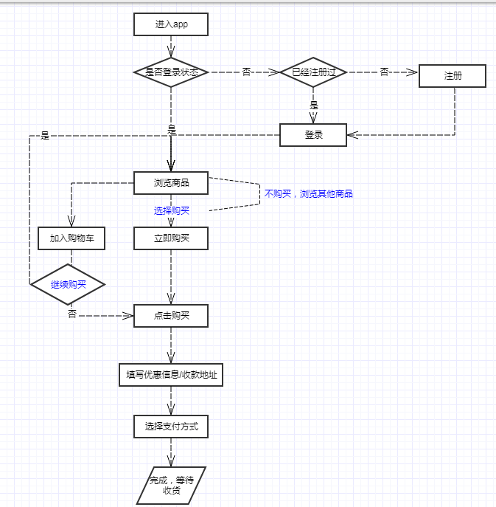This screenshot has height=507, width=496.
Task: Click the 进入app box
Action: [171, 24]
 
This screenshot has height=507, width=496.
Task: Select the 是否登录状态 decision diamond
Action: [171, 72]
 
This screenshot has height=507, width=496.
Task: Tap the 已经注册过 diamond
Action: [313, 72]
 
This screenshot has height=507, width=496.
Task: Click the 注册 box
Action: [453, 76]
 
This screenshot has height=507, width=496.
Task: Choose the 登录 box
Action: [313, 135]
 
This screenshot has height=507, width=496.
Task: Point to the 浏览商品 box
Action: [171, 183]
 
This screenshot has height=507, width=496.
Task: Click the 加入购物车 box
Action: [71, 238]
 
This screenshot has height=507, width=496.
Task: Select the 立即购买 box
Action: [171, 238]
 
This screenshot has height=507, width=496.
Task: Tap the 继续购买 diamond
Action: [68, 285]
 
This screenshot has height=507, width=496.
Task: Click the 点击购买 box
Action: [171, 316]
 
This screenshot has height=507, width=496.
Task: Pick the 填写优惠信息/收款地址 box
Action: [171, 375]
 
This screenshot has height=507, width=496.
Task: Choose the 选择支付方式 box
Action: [171, 427]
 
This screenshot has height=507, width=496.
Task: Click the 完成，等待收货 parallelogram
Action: [171, 486]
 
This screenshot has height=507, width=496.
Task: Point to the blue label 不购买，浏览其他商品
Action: [308, 193]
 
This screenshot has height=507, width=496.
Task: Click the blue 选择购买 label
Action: [172, 211]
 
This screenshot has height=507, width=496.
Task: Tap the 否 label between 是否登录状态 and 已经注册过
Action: [246, 72]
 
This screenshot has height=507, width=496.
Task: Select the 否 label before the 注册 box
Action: [384, 72]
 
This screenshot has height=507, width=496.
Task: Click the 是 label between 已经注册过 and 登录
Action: [314, 105]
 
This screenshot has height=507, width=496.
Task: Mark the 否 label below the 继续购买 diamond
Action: [72, 314]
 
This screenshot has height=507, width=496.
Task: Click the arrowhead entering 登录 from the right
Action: [352, 135]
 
